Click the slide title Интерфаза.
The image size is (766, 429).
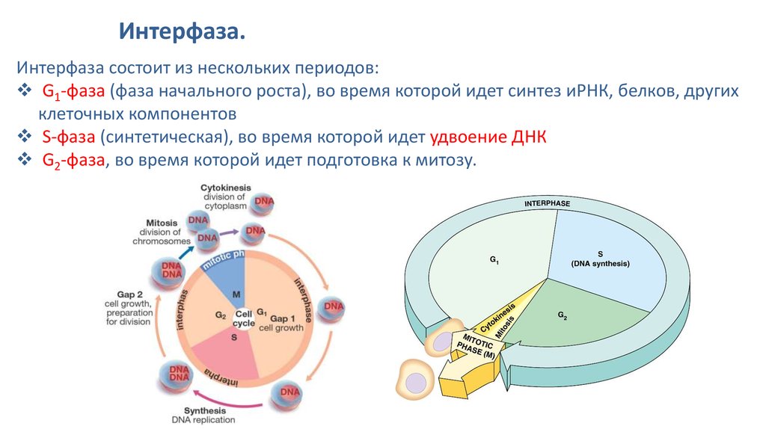click(183, 32)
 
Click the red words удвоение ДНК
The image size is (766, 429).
click(488, 138)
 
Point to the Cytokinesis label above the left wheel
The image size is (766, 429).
click(225, 187)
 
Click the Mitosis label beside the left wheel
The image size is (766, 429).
click(162, 223)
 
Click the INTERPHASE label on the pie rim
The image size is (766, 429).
click(547, 204)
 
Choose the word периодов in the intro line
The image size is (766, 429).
click(340, 68)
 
